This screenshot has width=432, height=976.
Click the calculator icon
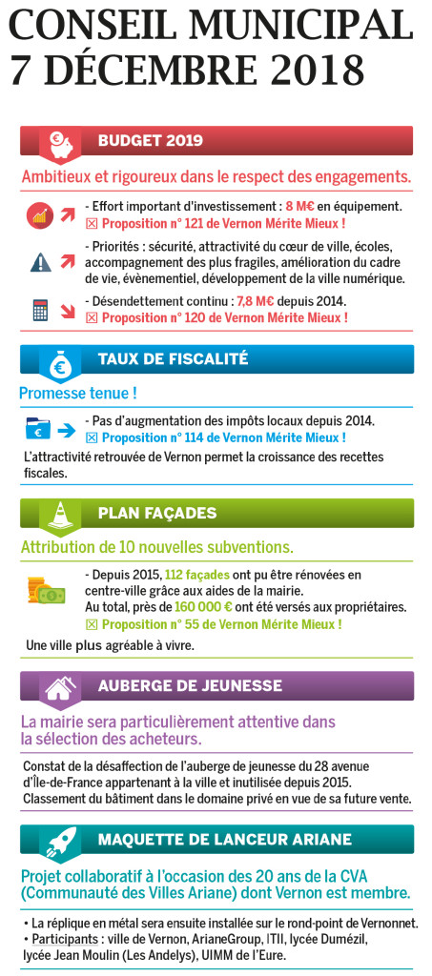[40, 311]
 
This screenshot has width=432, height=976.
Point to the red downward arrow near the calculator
[68, 311]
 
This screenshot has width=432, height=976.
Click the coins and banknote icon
[45, 591]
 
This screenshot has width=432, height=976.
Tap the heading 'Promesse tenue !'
[77, 392]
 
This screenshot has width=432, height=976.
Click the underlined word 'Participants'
[59, 939]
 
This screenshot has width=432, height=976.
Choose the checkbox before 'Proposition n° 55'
[92, 624]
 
